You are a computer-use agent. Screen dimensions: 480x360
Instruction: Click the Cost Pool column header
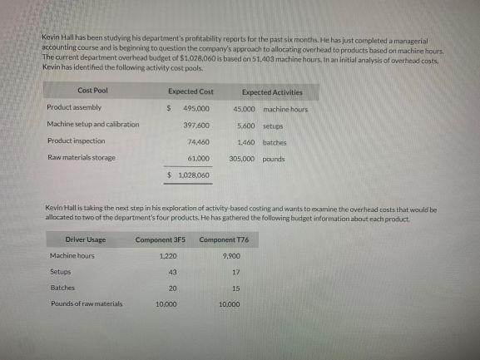(x=92, y=91)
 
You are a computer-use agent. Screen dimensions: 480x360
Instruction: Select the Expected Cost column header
(x=191, y=91)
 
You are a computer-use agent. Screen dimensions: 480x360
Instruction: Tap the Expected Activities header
(x=272, y=92)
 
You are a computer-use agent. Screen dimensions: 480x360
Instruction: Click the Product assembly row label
(x=75, y=108)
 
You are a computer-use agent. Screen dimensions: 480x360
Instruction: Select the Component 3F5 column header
(x=161, y=239)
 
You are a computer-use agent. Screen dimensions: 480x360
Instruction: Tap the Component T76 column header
(x=224, y=239)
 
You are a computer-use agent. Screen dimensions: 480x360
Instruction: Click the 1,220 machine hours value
(x=167, y=256)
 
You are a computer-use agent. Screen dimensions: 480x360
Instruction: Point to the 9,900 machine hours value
(x=233, y=256)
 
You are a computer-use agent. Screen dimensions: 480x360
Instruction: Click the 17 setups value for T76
(x=236, y=272)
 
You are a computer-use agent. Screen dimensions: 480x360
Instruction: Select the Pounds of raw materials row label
(x=87, y=304)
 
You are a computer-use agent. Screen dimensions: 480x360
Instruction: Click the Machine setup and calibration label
(x=93, y=126)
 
